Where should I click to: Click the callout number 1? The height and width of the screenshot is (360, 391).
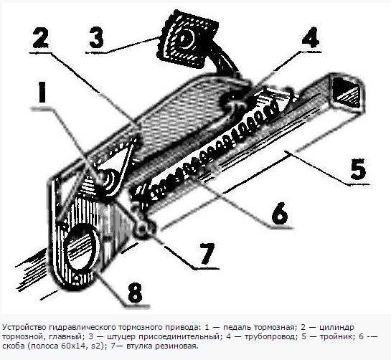point(42,92)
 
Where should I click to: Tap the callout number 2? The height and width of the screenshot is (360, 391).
point(41,37)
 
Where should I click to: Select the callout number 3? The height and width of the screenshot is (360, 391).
point(96,37)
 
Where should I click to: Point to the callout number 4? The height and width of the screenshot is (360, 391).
point(311,37)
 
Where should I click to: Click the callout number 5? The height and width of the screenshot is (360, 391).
point(358,169)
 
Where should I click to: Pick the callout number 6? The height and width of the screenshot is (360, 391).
point(280,213)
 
